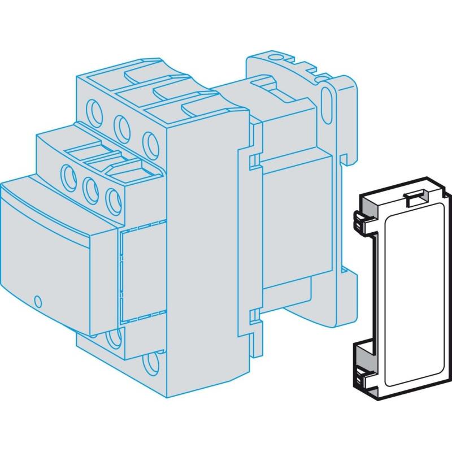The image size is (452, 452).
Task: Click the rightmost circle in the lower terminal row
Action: click(x=113, y=199)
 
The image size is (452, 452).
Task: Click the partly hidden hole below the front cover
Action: click(x=113, y=338)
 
